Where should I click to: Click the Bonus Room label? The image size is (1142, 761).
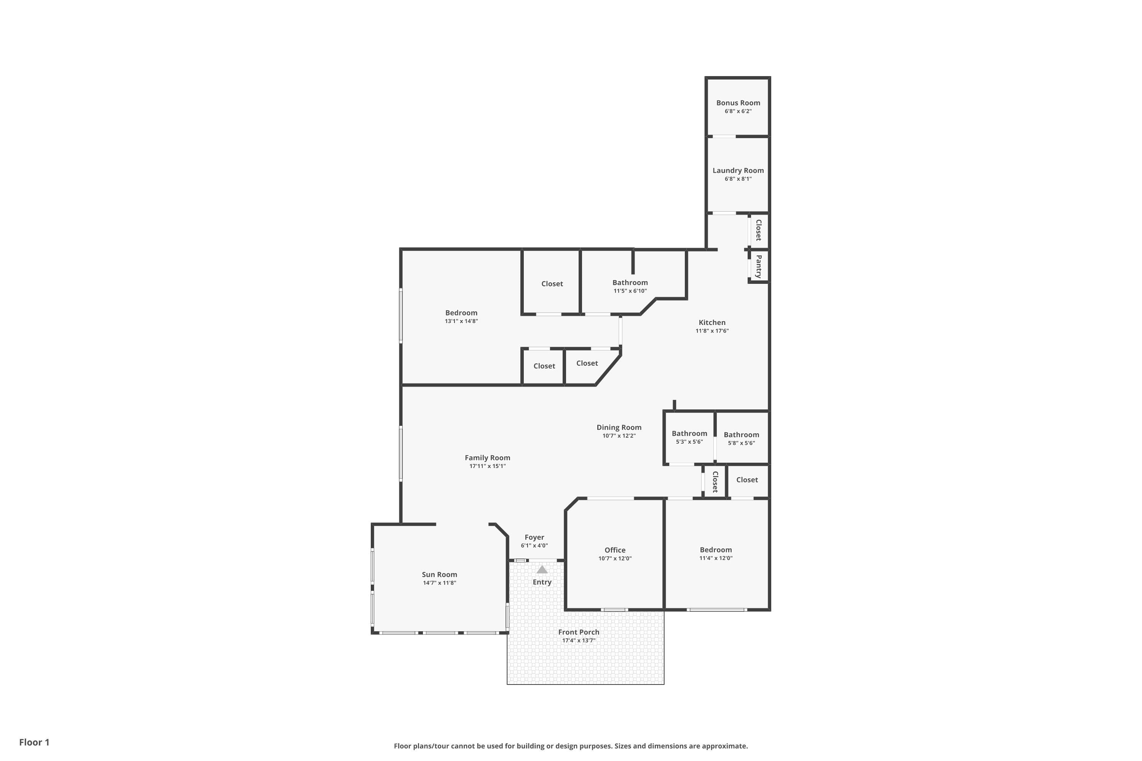click(738, 103)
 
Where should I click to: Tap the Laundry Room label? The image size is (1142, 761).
click(738, 170)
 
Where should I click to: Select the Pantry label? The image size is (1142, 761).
click(758, 266)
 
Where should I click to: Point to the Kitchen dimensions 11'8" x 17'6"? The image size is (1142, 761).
click(712, 331)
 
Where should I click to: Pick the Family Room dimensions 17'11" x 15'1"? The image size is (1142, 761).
click(488, 466)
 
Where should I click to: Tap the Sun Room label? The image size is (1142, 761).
click(439, 575)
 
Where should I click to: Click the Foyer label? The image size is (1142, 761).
click(534, 537)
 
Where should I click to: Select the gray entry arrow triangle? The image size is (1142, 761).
click(542, 569)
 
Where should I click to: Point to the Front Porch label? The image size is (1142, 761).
click(579, 632)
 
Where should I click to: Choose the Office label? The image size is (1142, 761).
click(615, 550)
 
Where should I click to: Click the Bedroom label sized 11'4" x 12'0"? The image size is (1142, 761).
click(716, 550)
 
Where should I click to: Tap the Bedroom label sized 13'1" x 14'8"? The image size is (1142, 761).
click(461, 313)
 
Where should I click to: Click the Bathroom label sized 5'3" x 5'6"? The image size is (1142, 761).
click(689, 433)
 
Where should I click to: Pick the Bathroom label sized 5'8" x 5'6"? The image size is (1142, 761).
click(742, 435)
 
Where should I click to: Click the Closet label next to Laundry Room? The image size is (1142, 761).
click(758, 230)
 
